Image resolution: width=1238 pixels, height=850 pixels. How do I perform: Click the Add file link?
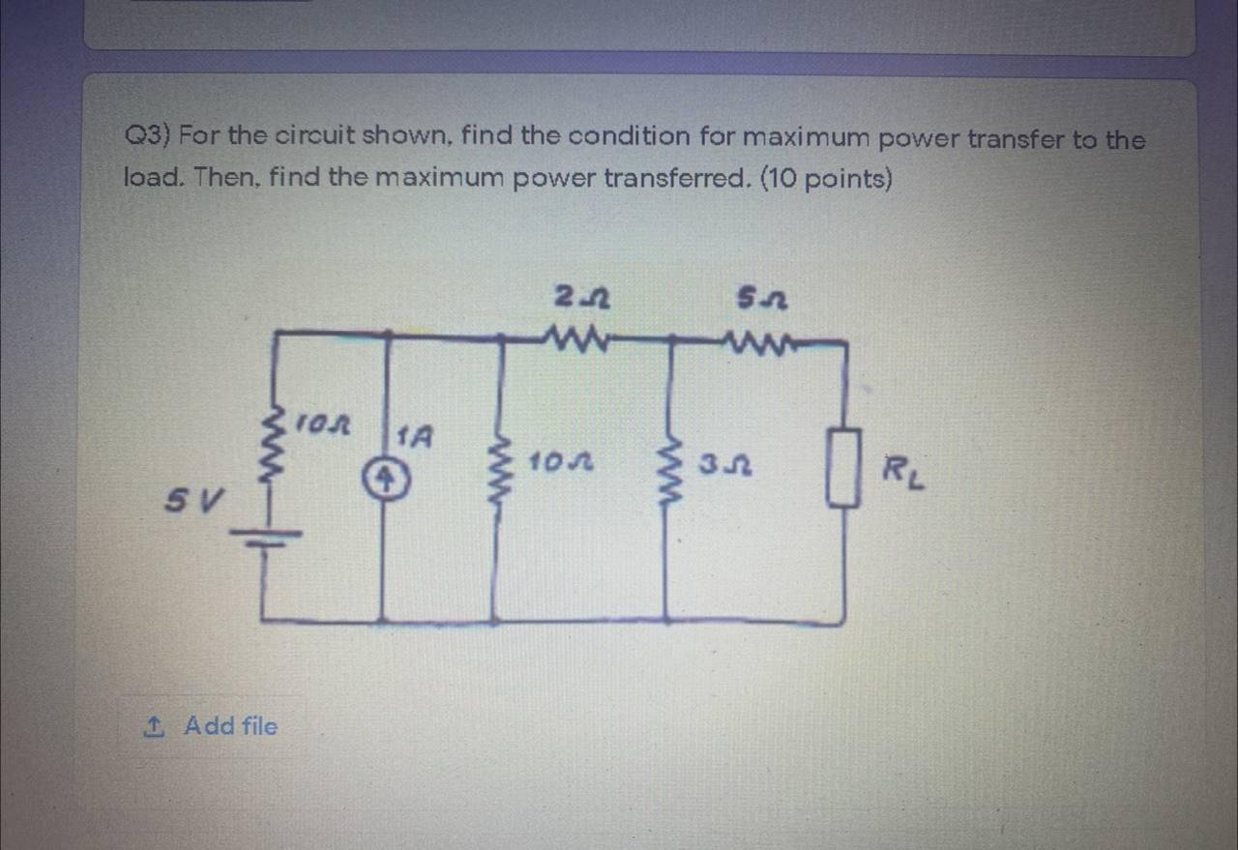pyautogui.click(x=230, y=725)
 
